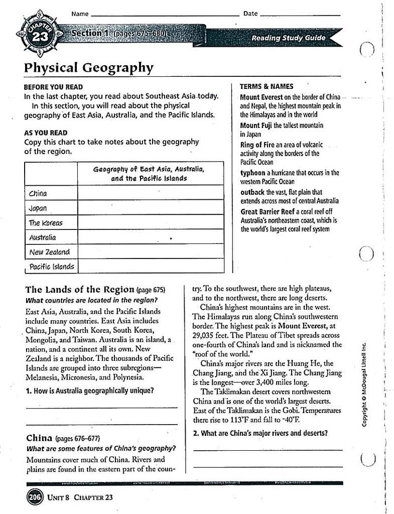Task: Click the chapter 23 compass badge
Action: [x=38, y=36]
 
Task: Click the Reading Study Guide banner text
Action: [x=288, y=38]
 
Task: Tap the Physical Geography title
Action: [x=89, y=67]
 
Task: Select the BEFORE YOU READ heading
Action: [x=54, y=87]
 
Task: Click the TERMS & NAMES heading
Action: [x=267, y=86]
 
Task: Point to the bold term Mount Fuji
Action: [x=256, y=125]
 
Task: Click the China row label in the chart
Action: [x=38, y=194]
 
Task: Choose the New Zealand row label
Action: [x=49, y=252]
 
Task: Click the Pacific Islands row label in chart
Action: [x=51, y=267]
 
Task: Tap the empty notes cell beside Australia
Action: [x=150, y=237]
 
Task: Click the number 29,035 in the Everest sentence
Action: [x=204, y=335]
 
